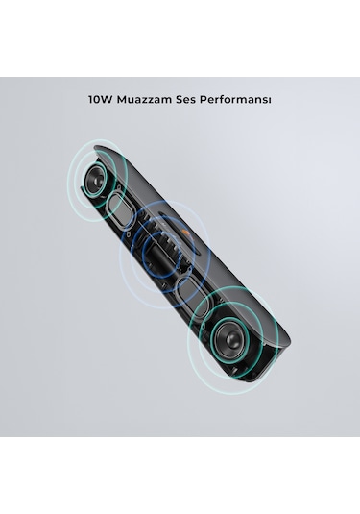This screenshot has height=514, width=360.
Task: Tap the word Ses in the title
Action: (x=199, y=99)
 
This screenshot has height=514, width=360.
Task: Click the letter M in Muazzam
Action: (x=126, y=99)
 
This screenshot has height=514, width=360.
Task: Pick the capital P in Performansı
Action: (x=217, y=99)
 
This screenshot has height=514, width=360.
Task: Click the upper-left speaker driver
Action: (x=93, y=182)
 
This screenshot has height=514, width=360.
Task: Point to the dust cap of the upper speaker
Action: (x=93, y=182)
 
